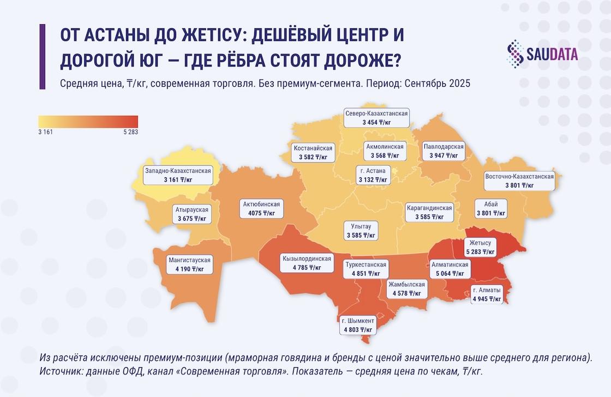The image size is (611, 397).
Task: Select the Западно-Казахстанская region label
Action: click(x=178, y=175)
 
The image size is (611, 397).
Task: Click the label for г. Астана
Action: click(x=373, y=175)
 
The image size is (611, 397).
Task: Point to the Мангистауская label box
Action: click(x=189, y=264)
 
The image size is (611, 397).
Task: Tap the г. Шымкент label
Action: click(x=358, y=325)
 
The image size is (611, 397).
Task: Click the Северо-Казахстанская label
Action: click(x=376, y=117)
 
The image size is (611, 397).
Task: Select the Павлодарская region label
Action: click(x=444, y=151)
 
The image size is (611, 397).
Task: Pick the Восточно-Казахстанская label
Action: click(x=519, y=181)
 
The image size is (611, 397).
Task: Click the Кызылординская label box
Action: click(x=306, y=263)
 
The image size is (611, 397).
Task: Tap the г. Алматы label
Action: click(x=487, y=294)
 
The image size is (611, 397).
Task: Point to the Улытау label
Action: click(x=361, y=231)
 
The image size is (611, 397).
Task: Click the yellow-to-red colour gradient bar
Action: click(x=88, y=121)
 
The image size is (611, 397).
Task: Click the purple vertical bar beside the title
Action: click(x=42, y=56)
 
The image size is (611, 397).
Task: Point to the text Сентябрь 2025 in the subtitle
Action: click(x=439, y=84)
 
